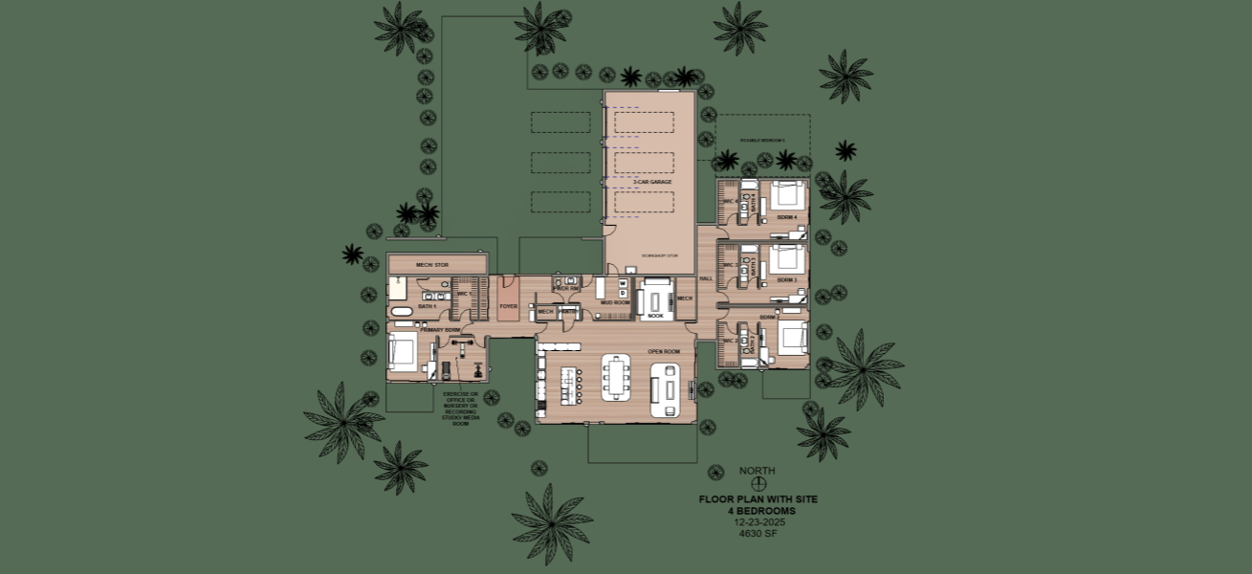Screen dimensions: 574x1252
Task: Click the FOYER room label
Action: [508, 307]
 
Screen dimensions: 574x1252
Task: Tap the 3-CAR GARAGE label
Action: [652, 181]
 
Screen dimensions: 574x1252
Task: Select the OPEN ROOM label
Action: [664, 351]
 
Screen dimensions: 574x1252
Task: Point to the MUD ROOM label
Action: [614, 302]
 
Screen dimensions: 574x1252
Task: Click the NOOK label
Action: [655, 315]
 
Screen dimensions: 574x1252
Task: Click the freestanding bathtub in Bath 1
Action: [400, 313]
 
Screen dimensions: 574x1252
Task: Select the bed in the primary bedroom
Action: [402, 351]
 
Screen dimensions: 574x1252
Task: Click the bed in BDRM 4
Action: [787, 195]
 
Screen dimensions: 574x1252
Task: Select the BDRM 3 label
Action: [787, 279]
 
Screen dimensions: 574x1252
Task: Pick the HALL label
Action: [706, 278]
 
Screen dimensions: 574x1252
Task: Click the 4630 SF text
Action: [758, 534]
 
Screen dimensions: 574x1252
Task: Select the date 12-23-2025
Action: [758, 522]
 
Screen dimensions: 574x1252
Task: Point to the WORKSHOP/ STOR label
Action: [658, 255]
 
